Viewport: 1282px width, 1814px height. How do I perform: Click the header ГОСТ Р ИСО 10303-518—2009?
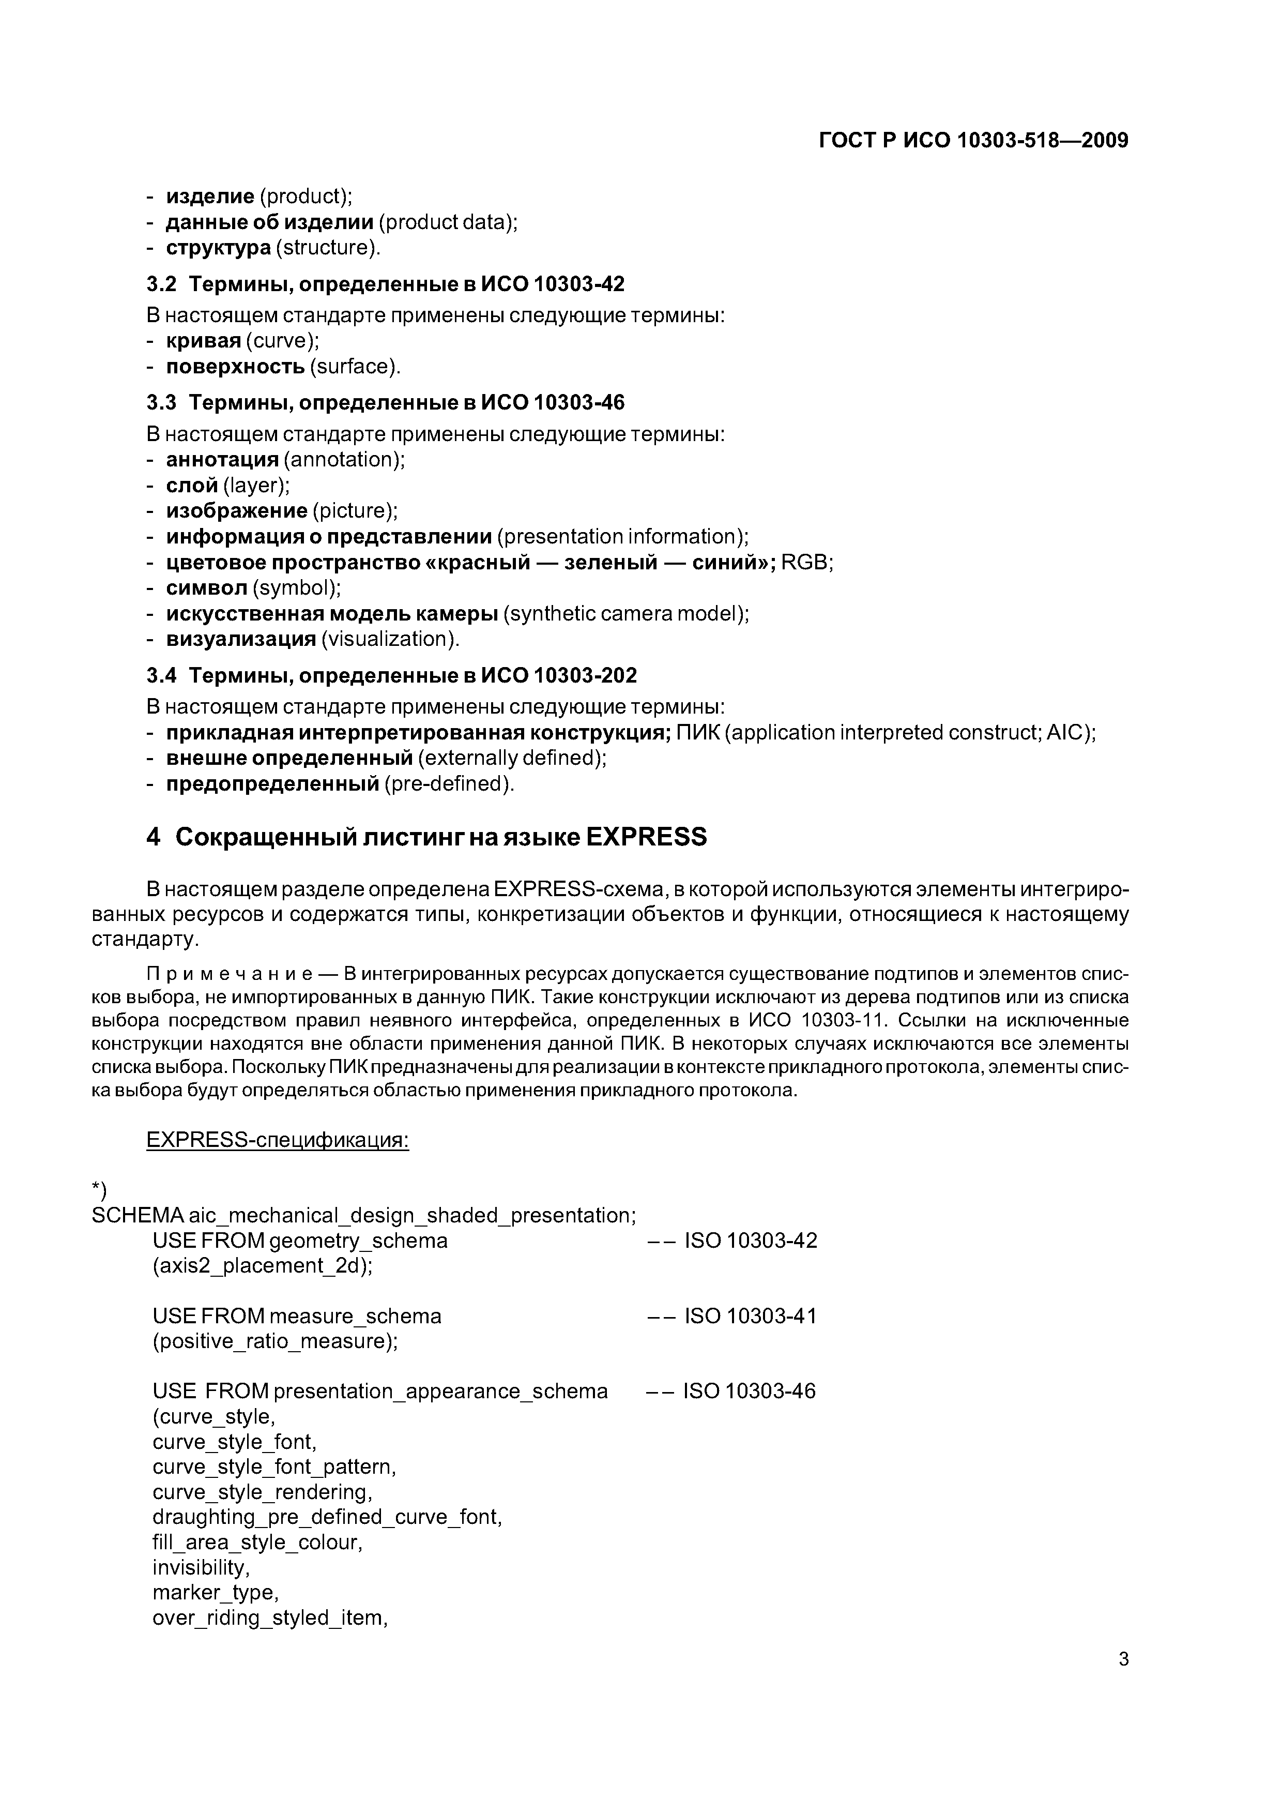pyautogui.click(x=973, y=141)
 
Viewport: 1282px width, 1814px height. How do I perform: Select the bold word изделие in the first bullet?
pyautogui.click(x=209, y=196)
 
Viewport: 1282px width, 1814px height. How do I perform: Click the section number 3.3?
pyautogui.click(x=161, y=403)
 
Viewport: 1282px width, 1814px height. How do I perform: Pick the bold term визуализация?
pyautogui.click(x=240, y=639)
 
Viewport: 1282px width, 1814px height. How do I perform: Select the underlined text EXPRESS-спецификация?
pyautogui.click(x=277, y=1141)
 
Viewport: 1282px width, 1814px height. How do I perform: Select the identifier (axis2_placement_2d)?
pyautogui.click(x=262, y=1266)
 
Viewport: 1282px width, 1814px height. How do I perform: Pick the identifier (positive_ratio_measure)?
pyautogui.click(x=275, y=1341)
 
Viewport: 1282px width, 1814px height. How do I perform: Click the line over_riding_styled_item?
pyautogui.click(x=269, y=1618)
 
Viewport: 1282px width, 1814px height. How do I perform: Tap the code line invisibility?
pyautogui.click(x=201, y=1567)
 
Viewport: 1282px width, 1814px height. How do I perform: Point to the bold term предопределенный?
pyautogui.click(x=272, y=784)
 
